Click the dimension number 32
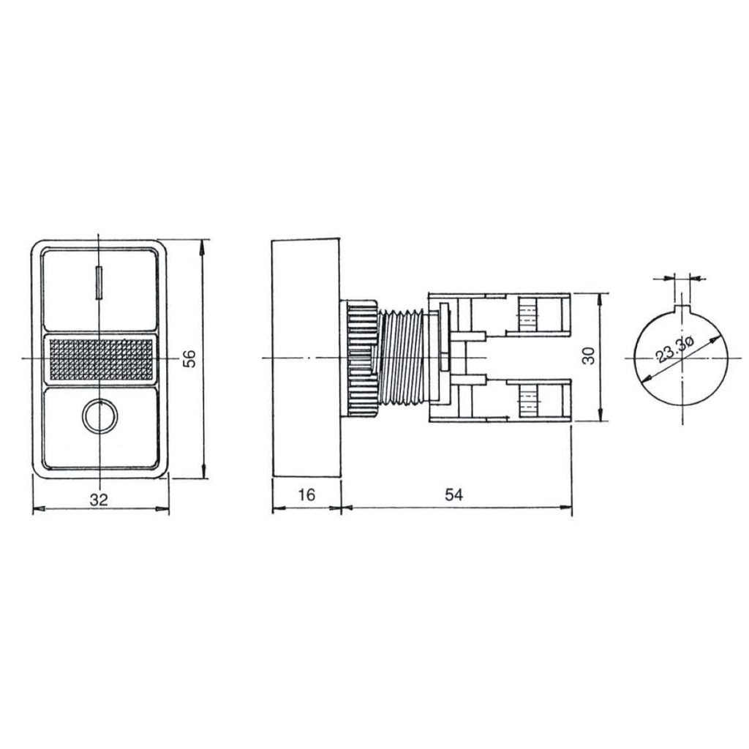pyautogui.click(x=99, y=500)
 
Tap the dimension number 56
pyautogui.click(x=189, y=358)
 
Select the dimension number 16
pyautogui.click(x=306, y=495)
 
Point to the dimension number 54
pyautogui.click(x=453, y=495)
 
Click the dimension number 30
pyautogui.click(x=589, y=356)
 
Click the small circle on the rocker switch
pyautogui.click(x=99, y=416)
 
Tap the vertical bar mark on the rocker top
pyautogui.click(x=99, y=282)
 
